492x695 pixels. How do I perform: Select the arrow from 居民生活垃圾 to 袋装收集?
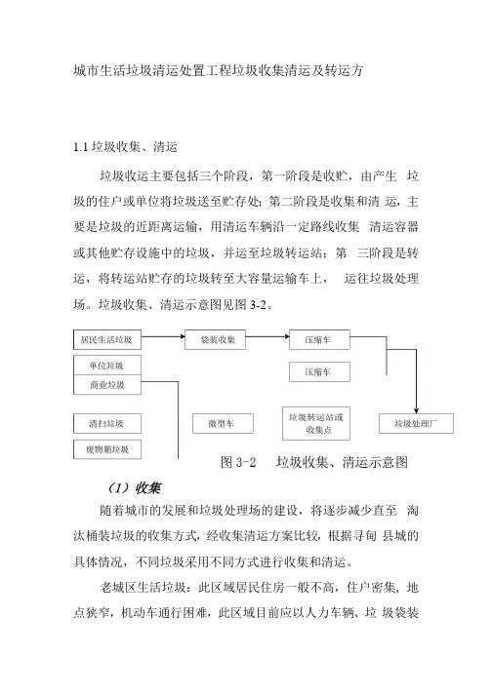(163, 336)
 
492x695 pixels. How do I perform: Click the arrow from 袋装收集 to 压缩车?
(267, 336)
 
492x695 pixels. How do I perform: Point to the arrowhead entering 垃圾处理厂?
(416, 411)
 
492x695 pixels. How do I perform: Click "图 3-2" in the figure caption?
(238, 462)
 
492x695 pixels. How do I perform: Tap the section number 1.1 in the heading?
(80, 147)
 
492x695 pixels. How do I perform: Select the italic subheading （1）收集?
(134, 488)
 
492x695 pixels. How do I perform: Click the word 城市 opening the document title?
(86, 70)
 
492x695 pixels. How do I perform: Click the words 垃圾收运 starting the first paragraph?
(125, 176)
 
